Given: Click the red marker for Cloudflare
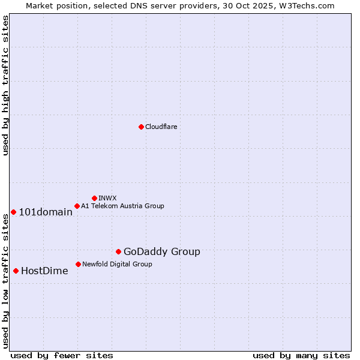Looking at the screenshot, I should click(x=141, y=127).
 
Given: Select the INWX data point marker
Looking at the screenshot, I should click(x=94, y=198).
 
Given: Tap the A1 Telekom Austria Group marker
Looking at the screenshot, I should click(x=77, y=206).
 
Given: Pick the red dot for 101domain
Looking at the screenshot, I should click(x=13, y=212).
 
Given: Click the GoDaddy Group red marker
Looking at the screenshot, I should click(x=118, y=251).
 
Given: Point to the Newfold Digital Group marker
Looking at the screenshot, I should click(x=78, y=264).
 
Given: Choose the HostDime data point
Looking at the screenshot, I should click(x=16, y=271).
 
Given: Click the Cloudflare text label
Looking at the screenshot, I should click(x=161, y=127).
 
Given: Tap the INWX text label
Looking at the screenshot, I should click(x=107, y=198).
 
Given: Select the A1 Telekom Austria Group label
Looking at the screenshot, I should click(x=122, y=206).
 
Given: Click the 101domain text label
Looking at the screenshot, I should click(x=46, y=212).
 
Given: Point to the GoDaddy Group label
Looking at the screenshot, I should click(x=162, y=252).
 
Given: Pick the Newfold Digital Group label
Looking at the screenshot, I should click(x=117, y=264).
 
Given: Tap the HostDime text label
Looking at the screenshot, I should click(x=44, y=271).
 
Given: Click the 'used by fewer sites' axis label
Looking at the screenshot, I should click(x=62, y=355).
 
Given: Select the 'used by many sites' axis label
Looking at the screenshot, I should click(x=301, y=355).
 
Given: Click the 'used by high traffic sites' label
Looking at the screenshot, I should click(x=5, y=85).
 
